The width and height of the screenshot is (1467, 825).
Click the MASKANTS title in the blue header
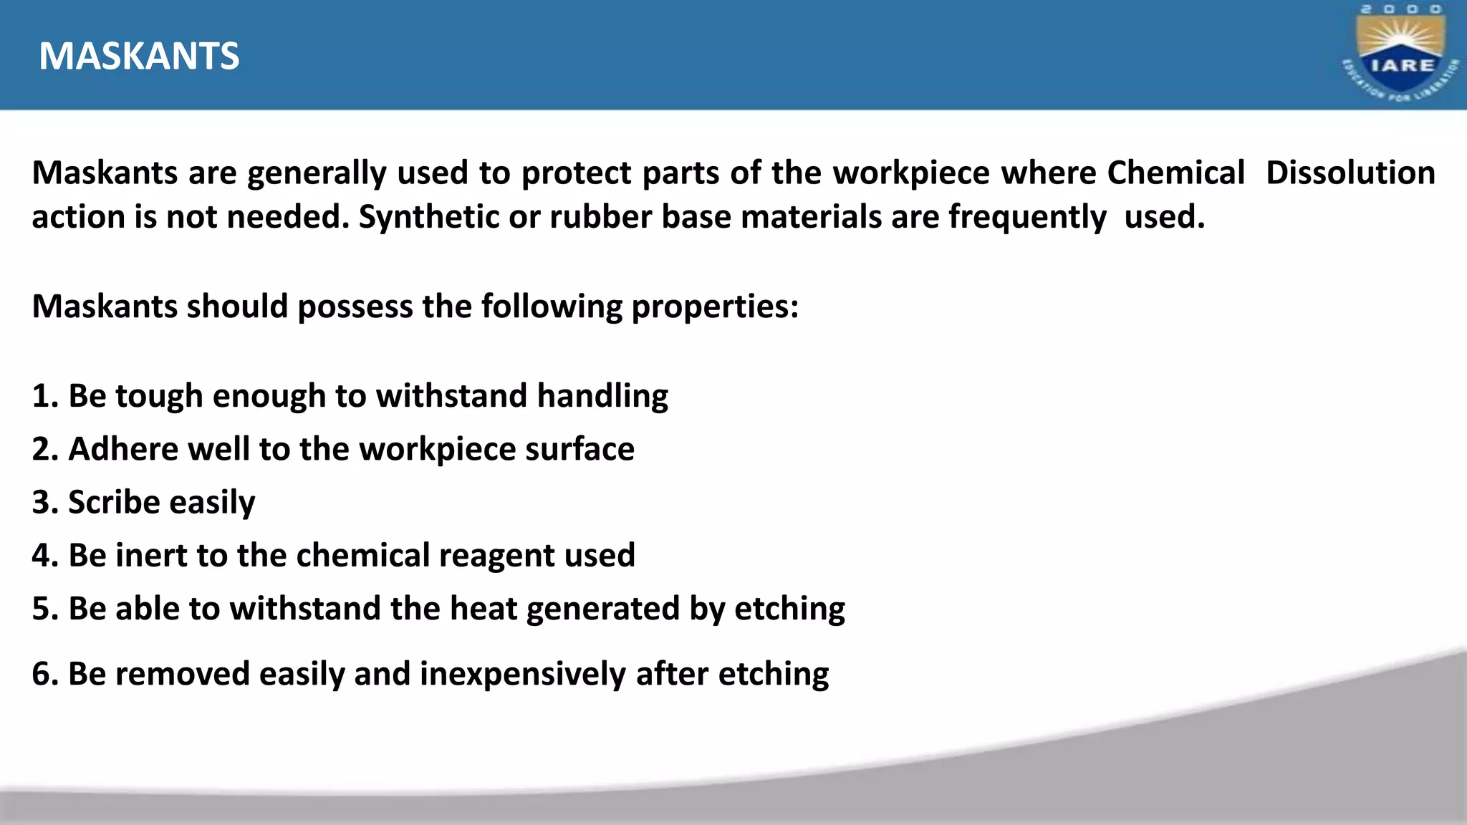coord(139,56)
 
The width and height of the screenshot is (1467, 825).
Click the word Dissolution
coord(1350,173)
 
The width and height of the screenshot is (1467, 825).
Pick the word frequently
coord(1027,217)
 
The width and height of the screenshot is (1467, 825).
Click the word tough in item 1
coord(159,396)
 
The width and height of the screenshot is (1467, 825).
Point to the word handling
coord(602,396)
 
